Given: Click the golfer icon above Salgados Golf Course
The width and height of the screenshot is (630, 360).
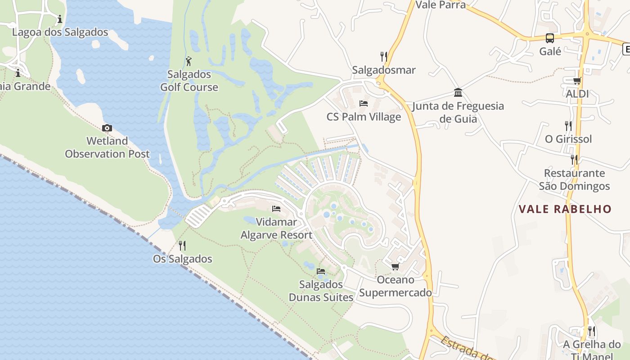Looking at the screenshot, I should [189, 61].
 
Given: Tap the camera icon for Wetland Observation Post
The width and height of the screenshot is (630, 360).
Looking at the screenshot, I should [107, 128].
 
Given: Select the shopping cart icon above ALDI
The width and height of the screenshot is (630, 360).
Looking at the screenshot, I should [577, 81].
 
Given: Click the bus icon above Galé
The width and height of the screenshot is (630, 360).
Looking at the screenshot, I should [550, 38].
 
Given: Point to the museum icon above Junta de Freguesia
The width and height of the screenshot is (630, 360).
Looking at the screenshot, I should [458, 93].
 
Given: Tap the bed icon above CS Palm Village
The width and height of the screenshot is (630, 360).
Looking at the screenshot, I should [364, 104].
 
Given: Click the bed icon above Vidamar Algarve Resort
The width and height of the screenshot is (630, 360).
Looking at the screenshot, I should [276, 209].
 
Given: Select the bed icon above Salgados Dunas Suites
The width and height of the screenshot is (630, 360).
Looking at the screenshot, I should [321, 271].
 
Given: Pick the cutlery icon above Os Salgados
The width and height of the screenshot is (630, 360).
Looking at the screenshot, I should [182, 246].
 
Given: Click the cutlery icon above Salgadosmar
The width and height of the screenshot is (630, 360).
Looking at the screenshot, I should [383, 57].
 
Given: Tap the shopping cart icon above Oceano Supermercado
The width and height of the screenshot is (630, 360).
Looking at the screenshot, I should [395, 267].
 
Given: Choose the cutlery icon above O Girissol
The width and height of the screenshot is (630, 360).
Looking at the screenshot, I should [568, 126].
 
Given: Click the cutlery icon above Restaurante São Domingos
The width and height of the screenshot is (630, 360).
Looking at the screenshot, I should [574, 160].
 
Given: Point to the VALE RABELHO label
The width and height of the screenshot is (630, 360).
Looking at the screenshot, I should [565, 209].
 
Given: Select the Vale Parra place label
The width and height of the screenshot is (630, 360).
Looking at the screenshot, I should [441, 5].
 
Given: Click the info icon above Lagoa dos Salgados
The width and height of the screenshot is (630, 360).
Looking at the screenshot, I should [60, 19].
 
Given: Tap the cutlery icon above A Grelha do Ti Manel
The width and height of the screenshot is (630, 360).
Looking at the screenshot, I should [592, 332].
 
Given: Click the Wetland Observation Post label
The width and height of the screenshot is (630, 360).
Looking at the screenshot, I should [107, 147].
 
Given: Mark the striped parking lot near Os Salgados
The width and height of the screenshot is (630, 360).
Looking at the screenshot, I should [198, 216].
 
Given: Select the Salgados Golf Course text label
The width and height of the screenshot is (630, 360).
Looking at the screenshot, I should [189, 81].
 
